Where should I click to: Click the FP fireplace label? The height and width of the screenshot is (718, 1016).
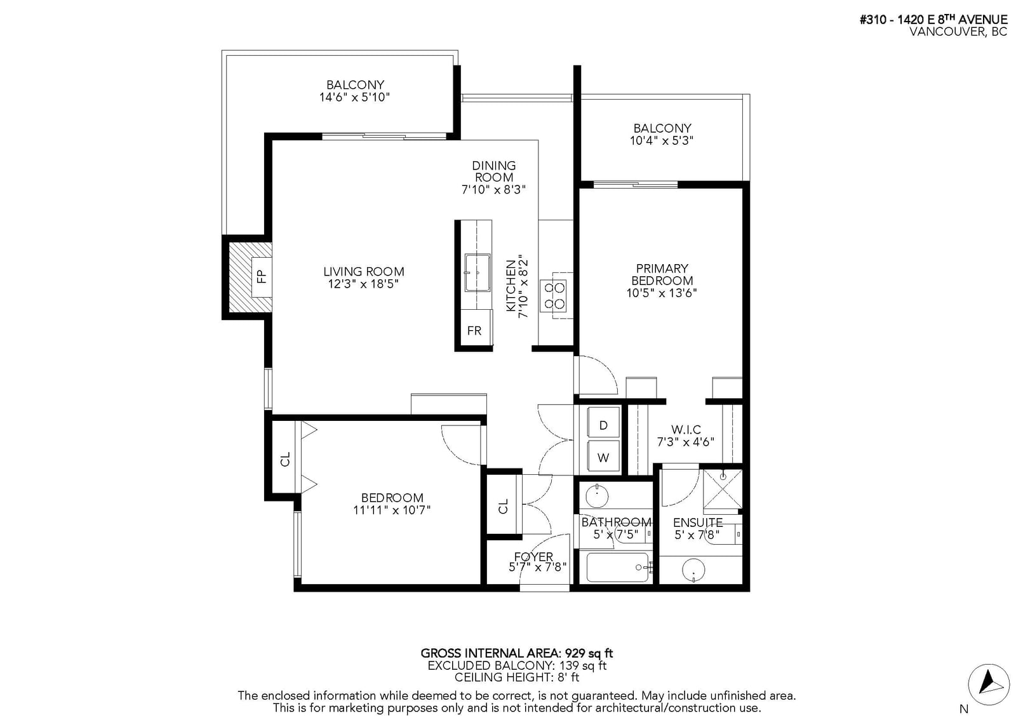[x=262, y=276]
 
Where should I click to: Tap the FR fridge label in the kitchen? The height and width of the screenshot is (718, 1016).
[x=474, y=331]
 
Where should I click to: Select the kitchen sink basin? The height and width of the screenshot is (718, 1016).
[x=477, y=272]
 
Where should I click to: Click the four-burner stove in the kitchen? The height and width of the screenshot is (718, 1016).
[x=553, y=296]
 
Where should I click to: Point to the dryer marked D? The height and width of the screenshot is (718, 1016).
[x=603, y=422]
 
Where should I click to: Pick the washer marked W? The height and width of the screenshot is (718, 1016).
[x=603, y=455]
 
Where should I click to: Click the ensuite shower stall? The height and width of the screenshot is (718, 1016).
[x=723, y=488]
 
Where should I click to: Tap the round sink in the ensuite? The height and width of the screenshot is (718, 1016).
[x=693, y=570]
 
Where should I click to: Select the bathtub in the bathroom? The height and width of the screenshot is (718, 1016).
[x=618, y=567]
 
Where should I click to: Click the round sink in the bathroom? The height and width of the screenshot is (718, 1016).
[x=597, y=496]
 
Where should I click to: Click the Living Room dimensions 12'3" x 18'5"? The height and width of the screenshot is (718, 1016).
[x=363, y=284]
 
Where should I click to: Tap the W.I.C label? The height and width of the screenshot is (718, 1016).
[x=686, y=429]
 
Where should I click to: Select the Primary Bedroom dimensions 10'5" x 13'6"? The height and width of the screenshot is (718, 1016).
[x=661, y=293]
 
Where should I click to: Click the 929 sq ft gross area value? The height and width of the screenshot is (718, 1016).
[x=588, y=653]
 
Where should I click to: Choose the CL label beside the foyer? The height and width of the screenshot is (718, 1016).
[x=503, y=506]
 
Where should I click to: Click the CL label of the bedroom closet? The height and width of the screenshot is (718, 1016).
[x=285, y=460]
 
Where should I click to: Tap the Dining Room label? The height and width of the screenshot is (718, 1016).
[x=493, y=171]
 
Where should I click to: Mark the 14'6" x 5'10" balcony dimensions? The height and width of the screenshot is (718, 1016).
[x=355, y=97]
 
